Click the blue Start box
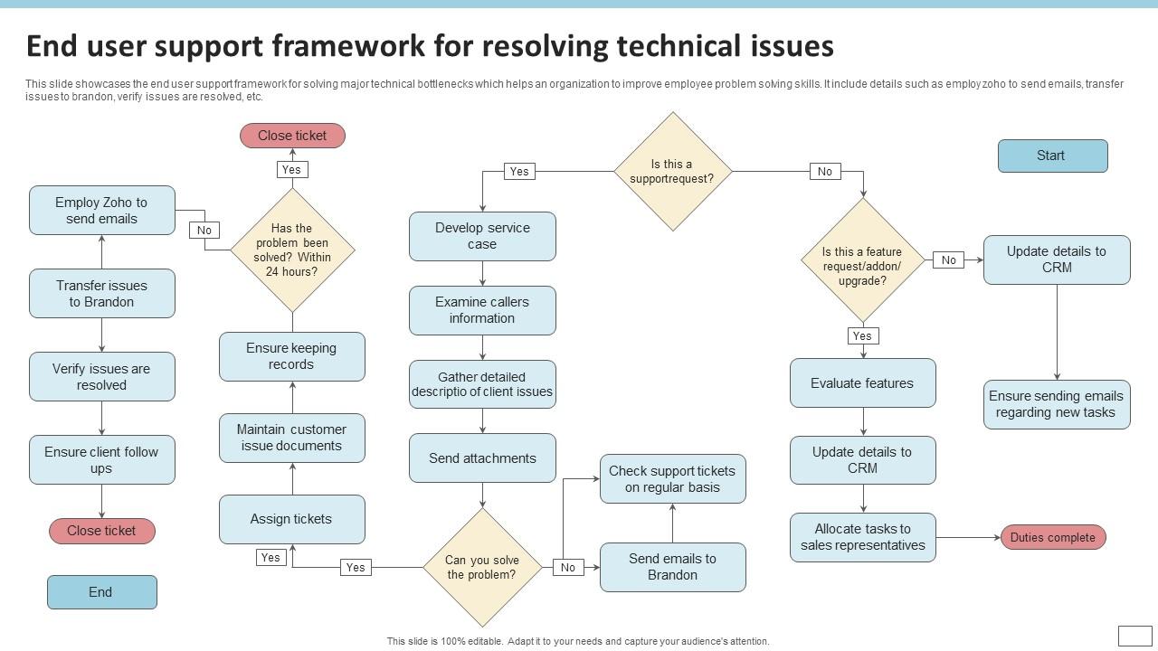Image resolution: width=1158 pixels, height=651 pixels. coord(1052,156)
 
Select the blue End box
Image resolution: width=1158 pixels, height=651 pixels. coord(101,592)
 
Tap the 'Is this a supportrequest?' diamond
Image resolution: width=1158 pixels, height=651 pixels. coord(672,171)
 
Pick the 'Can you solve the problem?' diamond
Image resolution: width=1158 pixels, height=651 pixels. coord(482,567)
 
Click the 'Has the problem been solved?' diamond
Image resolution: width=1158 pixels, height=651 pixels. coord(292,250)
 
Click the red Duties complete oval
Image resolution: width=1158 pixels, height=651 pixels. coord(1052,537)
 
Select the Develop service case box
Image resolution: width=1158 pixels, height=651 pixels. coord(482,236)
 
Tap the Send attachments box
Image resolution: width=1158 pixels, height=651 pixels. coord(482,458)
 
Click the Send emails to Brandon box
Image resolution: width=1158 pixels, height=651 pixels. coord(672,567)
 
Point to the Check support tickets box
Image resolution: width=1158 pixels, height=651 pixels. coord(672,479)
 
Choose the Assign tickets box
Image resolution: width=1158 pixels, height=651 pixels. coord(291,519)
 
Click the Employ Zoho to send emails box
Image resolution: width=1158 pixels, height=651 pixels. coord(101,211)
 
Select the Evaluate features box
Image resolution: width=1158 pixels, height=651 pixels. coord(862,383)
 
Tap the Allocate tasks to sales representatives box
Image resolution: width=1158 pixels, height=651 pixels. coord(862,537)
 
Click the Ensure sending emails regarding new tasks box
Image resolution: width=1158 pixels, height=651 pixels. coord(1056,404)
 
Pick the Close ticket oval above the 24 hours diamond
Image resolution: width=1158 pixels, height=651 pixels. coord(292,136)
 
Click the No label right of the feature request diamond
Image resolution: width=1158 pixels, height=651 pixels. coord(948,260)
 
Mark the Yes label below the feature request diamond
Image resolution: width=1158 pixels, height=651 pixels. coord(862,336)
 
